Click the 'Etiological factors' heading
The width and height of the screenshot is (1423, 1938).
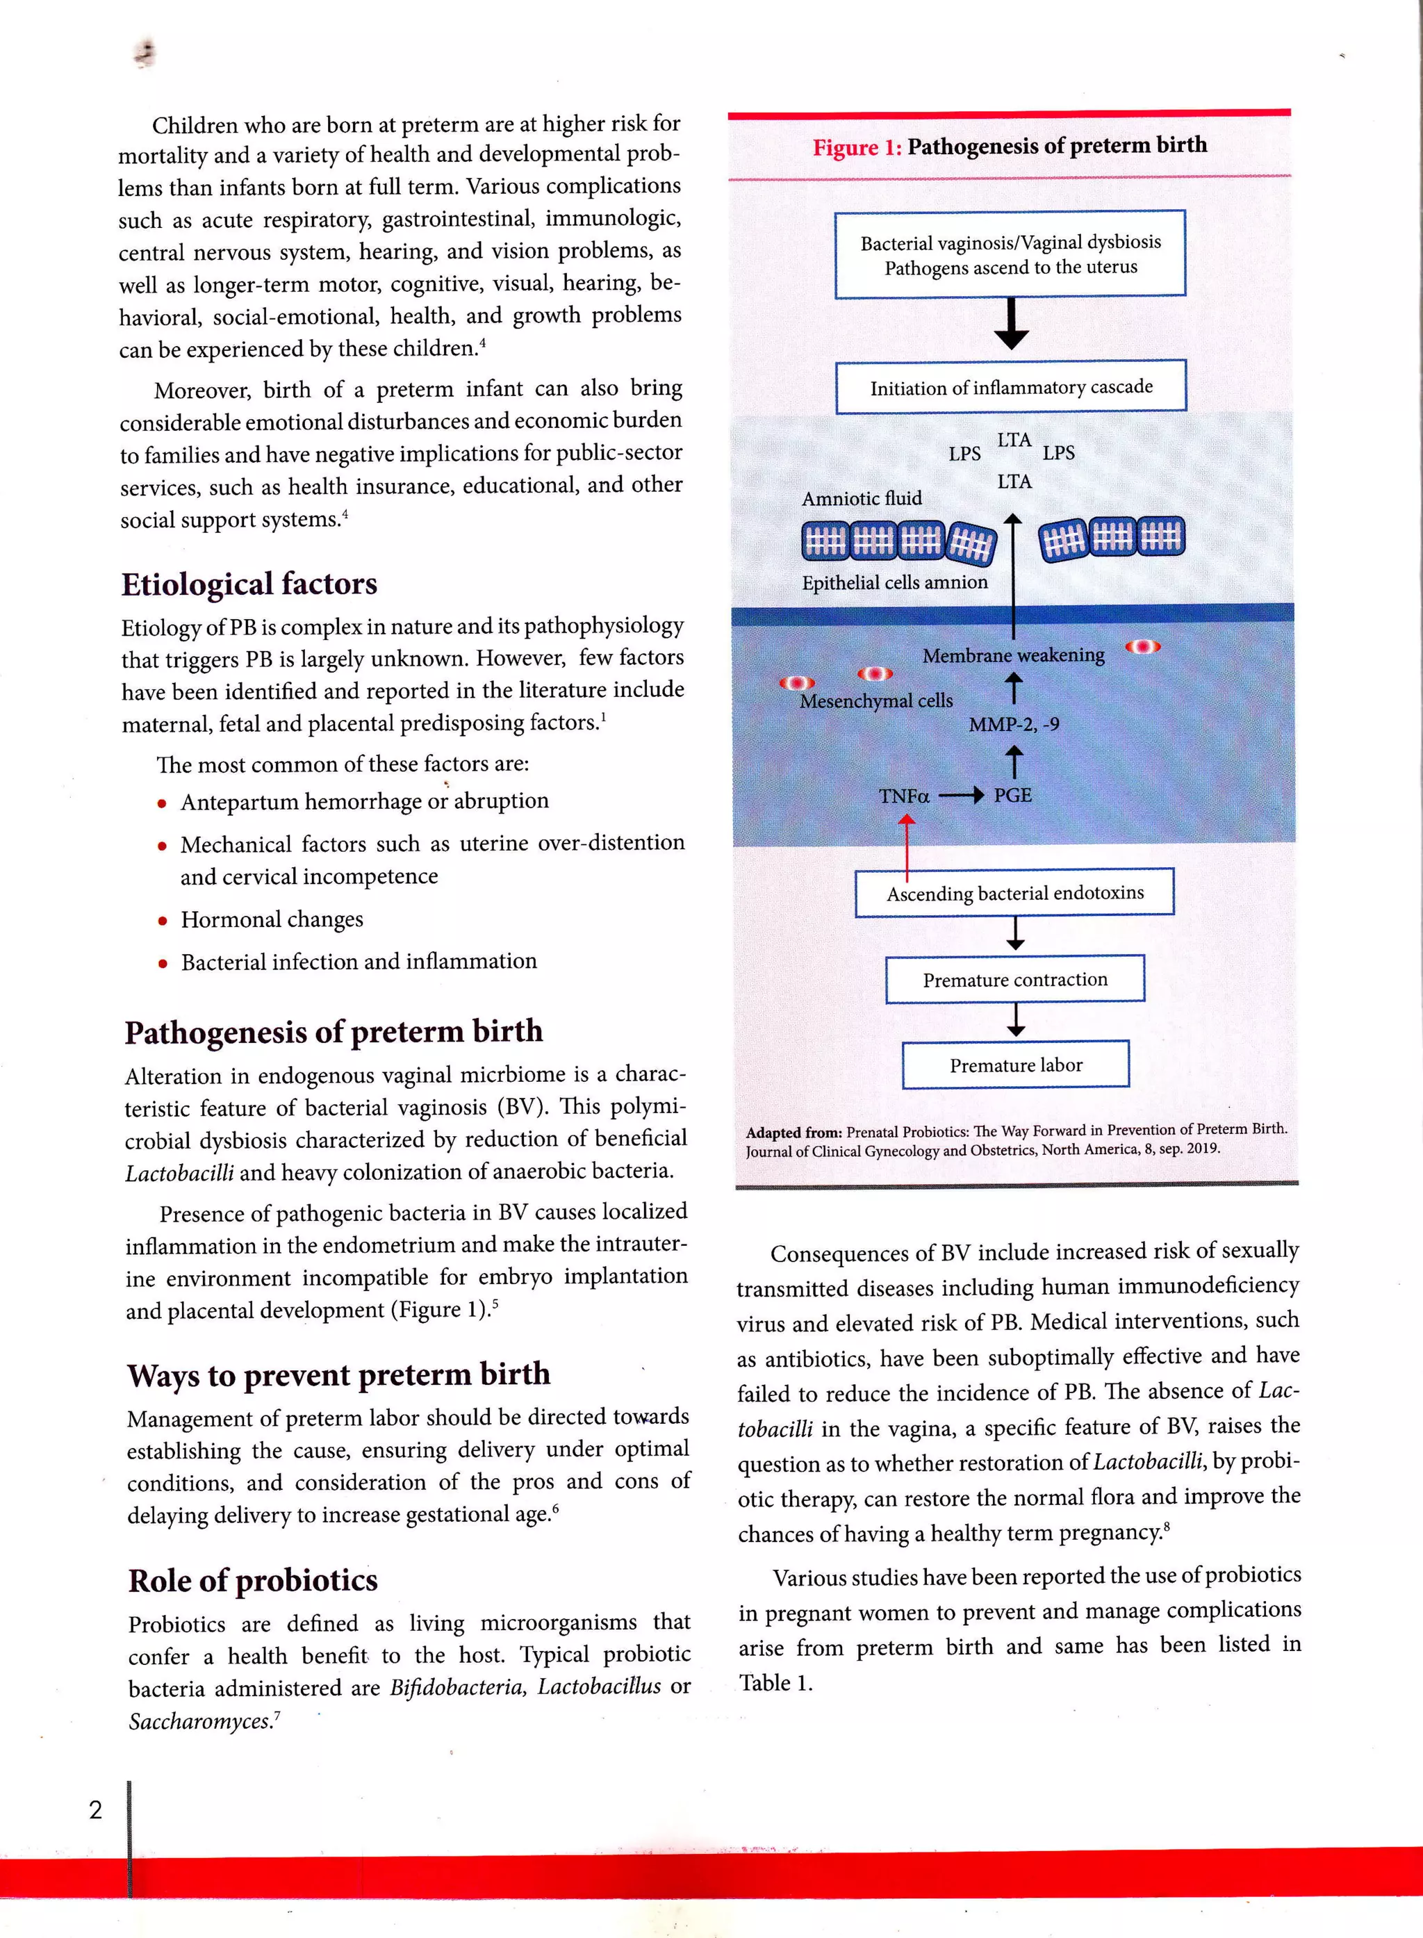tap(249, 584)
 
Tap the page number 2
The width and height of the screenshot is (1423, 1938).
tap(96, 1809)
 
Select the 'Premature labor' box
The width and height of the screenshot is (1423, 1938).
tap(1016, 1065)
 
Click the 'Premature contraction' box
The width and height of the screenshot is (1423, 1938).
tap(1014, 979)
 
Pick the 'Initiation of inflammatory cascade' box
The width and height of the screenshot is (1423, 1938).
tap(1010, 388)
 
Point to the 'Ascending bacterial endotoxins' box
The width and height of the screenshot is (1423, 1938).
tap(1014, 893)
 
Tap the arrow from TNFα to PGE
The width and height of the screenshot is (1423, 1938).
tap(960, 796)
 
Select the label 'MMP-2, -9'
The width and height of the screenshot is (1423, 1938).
tap(1014, 724)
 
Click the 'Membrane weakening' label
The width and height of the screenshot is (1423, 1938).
tap(1013, 655)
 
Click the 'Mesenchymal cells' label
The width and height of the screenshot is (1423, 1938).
tap(876, 701)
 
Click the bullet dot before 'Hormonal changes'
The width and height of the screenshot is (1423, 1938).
tap(162, 921)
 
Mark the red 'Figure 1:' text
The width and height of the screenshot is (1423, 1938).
tap(856, 148)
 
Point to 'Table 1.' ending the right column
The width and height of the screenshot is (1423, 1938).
tap(775, 1683)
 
